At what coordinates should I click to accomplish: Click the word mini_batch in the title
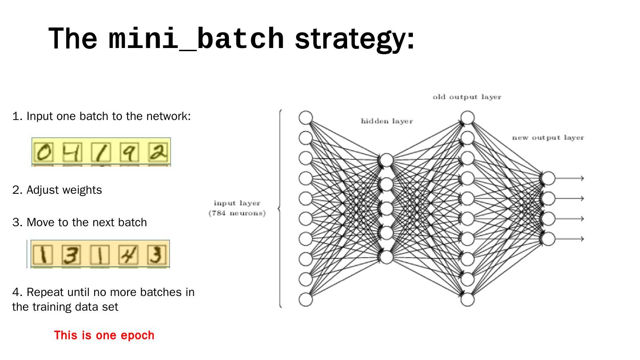(x=196, y=39)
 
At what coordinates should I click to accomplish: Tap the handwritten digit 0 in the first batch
(x=43, y=152)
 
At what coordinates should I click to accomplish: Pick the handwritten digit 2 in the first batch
(x=158, y=152)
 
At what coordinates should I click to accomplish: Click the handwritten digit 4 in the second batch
(x=128, y=255)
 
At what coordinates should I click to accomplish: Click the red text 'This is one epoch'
(x=104, y=335)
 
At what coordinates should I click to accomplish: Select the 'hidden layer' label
(x=387, y=121)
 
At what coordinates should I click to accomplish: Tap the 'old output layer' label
(x=467, y=97)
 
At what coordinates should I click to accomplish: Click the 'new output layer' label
(x=548, y=138)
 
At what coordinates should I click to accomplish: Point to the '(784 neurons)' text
(x=237, y=213)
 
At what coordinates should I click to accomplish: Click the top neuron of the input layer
(x=306, y=118)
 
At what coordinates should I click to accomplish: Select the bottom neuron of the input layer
(x=306, y=300)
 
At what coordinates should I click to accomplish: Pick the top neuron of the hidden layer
(x=387, y=160)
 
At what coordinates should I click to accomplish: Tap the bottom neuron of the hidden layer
(x=387, y=257)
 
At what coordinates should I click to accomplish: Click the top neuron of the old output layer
(x=467, y=118)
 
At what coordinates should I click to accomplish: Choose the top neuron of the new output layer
(x=548, y=178)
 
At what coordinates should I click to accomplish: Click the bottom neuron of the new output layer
(x=548, y=239)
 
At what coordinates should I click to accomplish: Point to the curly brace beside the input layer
(x=280, y=208)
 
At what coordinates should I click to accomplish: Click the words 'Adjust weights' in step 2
(x=64, y=190)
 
